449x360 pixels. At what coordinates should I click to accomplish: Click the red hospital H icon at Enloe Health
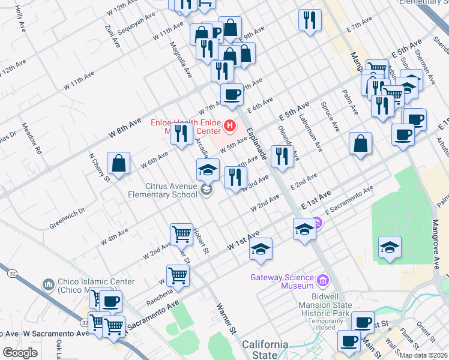click(229, 126)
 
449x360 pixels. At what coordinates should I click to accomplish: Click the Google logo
click(20, 353)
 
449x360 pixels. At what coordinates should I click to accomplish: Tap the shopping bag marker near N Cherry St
click(119, 164)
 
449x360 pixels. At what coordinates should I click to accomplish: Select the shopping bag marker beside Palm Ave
click(360, 143)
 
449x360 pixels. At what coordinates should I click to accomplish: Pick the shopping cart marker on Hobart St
click(181, 233)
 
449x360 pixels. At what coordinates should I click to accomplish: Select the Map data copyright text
click(424, 355)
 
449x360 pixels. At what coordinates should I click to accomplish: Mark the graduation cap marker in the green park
click(390, 247)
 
